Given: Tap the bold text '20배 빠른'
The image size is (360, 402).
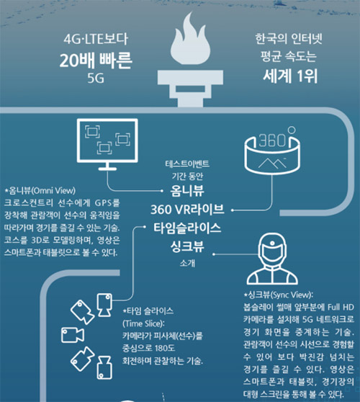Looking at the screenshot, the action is tap(96, 61).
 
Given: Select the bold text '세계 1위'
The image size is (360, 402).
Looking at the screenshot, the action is tap(290, 76).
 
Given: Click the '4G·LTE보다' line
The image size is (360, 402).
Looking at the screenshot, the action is tap(96, 39).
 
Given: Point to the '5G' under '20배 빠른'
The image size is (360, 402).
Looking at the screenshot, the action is tap(96, 78).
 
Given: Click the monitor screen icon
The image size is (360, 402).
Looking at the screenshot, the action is tap(107, 144).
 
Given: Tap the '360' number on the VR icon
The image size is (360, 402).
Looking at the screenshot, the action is tap(272, 140).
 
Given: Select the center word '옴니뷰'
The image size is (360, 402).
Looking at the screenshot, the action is tap(187, 191).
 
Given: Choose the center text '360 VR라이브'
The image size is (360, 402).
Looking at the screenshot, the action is tap(187, 210).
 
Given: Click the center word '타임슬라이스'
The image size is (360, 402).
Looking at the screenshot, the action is tap(187, 228).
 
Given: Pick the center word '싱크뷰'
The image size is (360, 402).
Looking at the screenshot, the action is tap(187, 246).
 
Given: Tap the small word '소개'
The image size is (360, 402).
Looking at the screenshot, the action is tap(187, 263).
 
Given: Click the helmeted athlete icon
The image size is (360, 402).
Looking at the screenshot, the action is tap(272, 259).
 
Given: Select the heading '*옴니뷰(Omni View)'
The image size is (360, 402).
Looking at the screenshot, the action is tap(40, 190).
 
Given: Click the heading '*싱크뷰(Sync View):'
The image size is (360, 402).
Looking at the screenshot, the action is tap(278, 295).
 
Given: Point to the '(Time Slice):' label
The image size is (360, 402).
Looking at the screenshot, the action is tap(143, 323).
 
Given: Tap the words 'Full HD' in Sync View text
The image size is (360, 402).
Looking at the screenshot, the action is tap(341, 307).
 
